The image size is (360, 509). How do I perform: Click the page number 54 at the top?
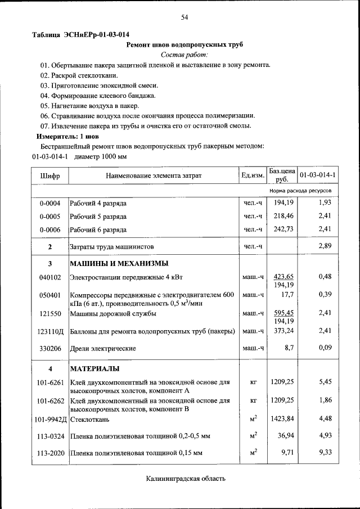(x=184, y=18)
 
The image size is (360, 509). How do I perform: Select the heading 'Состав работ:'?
(x=184, y=54)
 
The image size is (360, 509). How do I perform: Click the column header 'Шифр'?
(x=49, y=175)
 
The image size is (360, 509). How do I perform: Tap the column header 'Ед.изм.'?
(x=253, y=175)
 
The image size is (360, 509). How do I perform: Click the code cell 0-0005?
(x=49, y=216)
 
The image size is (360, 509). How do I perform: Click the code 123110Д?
(x=50, y=332)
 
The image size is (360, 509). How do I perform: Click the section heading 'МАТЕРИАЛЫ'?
(x=94, y=368)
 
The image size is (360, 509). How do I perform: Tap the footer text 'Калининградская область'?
(x=185, y=479)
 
